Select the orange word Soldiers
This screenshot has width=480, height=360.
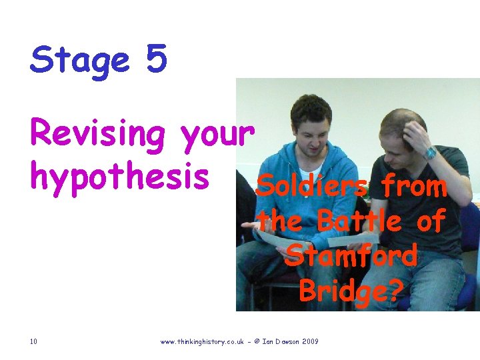311,187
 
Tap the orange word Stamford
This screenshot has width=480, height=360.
351,255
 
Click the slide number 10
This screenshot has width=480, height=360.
33,342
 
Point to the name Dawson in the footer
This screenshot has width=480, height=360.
285,342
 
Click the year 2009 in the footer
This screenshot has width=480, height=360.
311,342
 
